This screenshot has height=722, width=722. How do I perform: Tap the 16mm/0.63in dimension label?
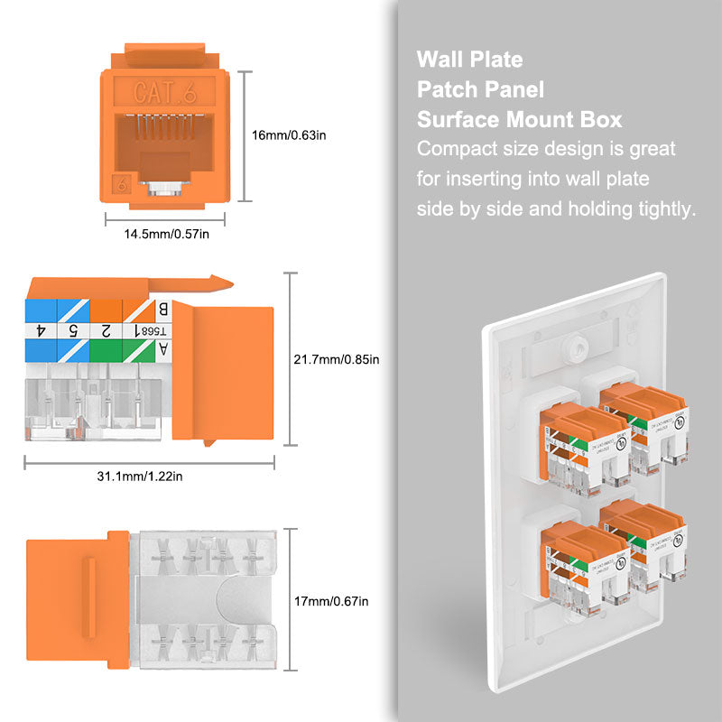288,135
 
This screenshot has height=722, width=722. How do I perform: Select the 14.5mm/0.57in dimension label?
167,235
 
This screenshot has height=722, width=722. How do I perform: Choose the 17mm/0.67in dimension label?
332,601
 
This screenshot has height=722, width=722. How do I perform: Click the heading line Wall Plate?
469,60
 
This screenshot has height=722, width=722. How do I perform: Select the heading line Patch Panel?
480,90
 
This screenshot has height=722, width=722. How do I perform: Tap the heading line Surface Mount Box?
519,120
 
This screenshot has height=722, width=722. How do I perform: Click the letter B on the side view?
163,310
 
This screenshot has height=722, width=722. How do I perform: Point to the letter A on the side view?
162,348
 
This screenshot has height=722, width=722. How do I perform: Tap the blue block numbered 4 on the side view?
42,330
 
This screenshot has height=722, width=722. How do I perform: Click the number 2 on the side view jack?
106,330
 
